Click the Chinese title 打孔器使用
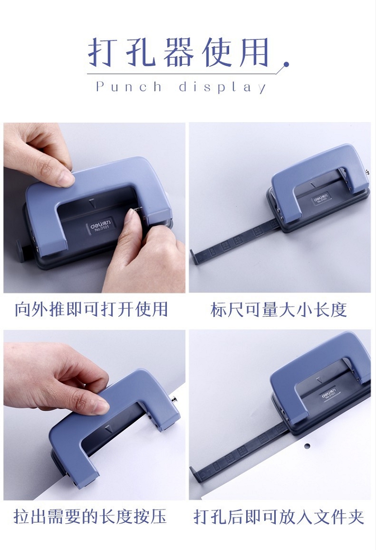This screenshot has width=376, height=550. click(x=178, y=52)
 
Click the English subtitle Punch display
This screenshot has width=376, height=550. click(x=181, y=87)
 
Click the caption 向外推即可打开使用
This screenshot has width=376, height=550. click(x=91, y=309)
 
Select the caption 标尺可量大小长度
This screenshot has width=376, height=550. click(x=279, y=310)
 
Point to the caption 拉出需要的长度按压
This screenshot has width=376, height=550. click(x=91, y=516)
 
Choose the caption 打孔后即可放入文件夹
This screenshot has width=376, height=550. click(x=279, y=517)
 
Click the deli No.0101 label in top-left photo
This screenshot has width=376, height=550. click(x=100, y=225)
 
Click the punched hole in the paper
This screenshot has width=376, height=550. click(x=307, y=446)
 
